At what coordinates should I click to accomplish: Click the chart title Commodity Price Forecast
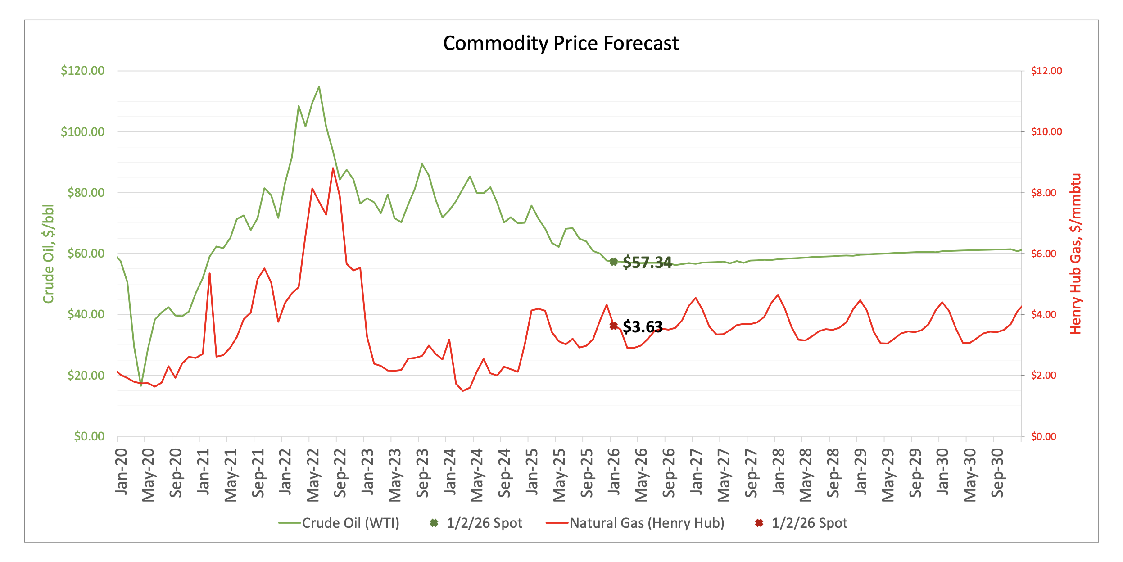(561, 44)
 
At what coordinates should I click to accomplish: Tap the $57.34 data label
(647, 263)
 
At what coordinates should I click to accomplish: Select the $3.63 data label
(642, 326)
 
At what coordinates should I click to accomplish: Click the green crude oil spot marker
(613, 262)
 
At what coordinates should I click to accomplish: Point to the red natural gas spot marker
(613, 326)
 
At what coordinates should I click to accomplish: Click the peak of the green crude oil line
(319, 87)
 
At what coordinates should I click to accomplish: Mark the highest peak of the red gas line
(333, 168)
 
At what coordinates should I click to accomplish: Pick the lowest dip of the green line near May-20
(141, 385)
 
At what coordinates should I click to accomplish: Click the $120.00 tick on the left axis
(82, 71)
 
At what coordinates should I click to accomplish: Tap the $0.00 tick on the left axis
(89, 436)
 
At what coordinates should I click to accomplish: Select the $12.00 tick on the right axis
(1046, 71)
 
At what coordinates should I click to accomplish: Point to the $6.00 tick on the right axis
(1044, 254)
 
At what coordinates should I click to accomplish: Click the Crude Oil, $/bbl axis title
(48, 254)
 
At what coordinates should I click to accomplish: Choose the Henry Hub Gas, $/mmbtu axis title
(1075, 254)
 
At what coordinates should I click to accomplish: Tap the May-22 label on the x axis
(312, 475)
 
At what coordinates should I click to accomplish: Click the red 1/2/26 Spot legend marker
(759, 523)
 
